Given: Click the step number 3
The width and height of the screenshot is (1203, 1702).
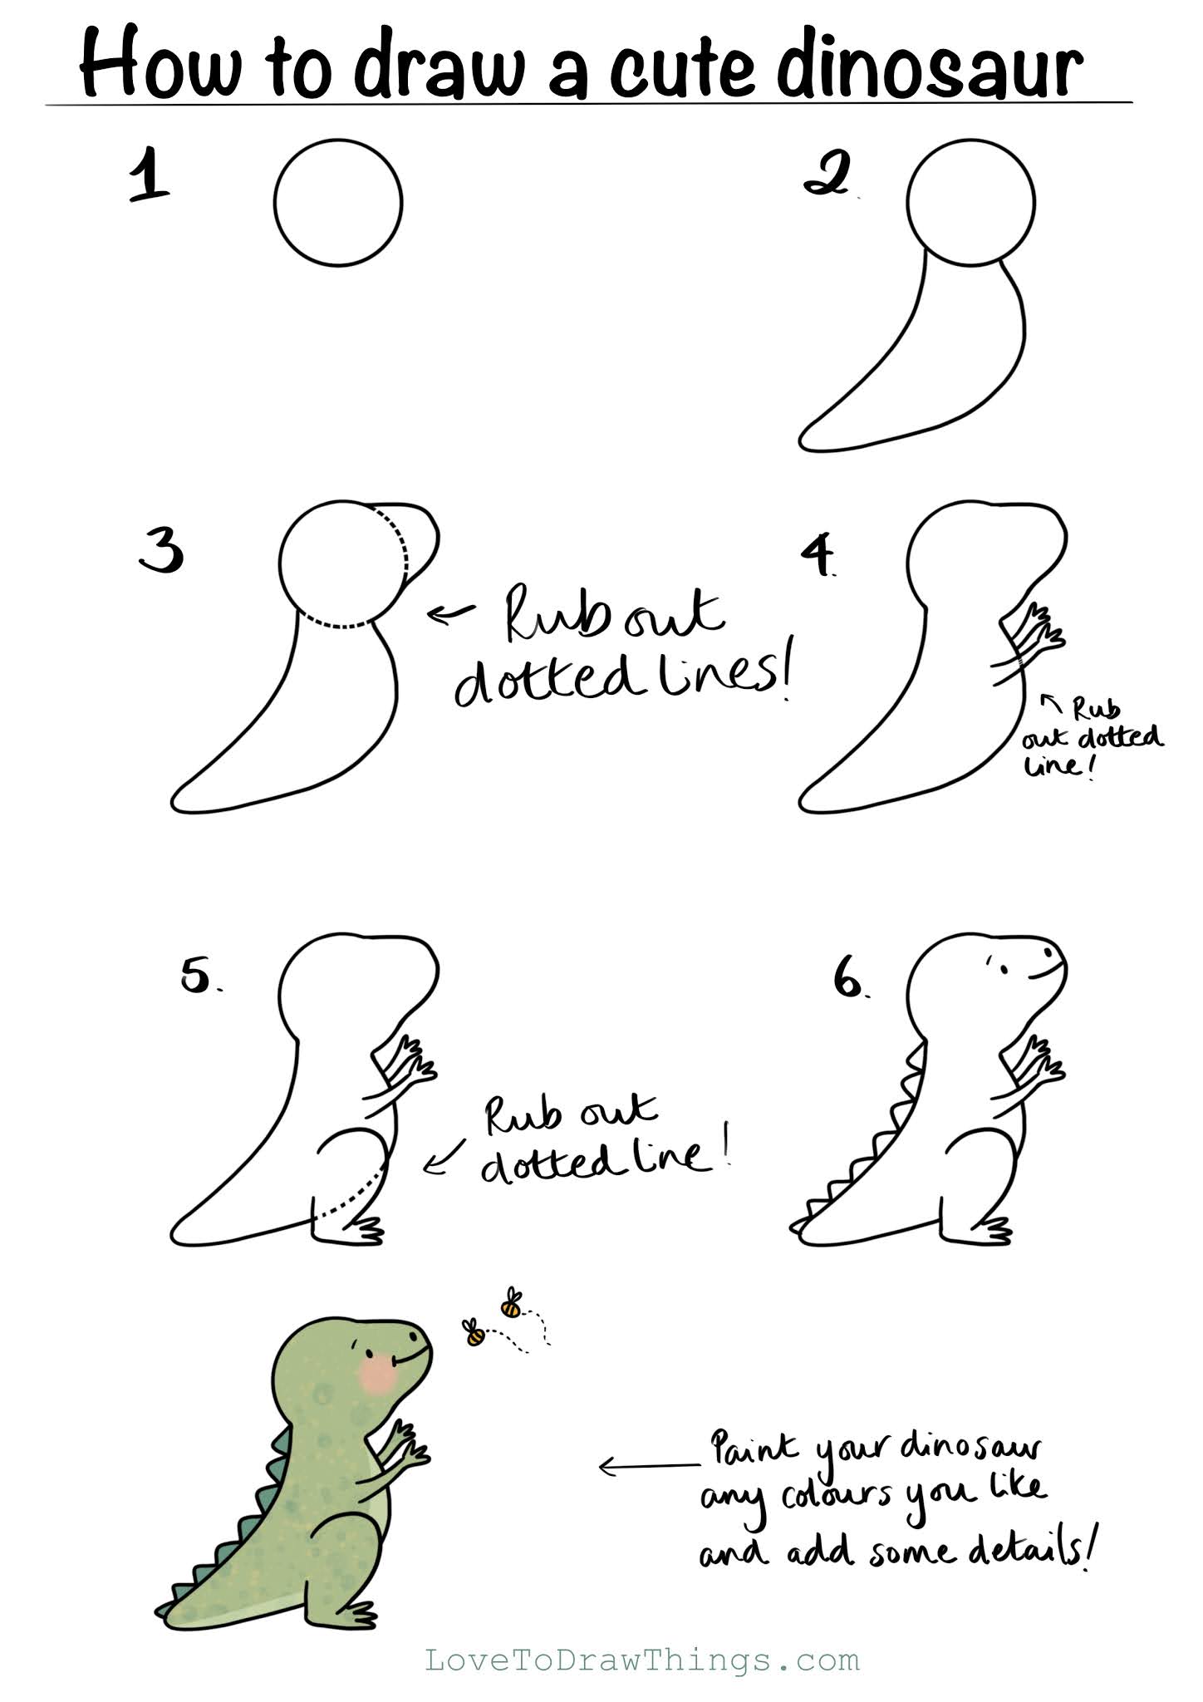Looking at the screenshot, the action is pos(161,550).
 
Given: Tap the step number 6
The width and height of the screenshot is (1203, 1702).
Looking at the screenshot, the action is pos(849,978).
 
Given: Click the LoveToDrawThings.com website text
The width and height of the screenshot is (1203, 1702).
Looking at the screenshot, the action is pos(642,1660).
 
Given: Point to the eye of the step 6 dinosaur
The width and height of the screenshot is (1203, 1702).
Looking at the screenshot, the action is pos(1002,969).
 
